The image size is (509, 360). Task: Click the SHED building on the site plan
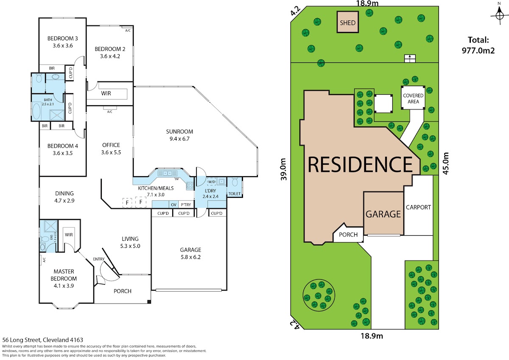click(x=348, y=22)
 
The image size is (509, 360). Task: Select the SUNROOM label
click(x=179, y=132)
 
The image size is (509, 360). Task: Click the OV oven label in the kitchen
click(x=173, y=205)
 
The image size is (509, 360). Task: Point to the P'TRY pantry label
click(x=186, y=205)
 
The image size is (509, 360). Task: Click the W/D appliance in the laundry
click(x=212, y=182)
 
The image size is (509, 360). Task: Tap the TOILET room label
click(x=234, y=194)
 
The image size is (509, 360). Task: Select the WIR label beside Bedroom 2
click(x=106, y=93)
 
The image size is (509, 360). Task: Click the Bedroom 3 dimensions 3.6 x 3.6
click(x=63, y=45)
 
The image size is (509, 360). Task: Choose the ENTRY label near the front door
click(x=98, y=259)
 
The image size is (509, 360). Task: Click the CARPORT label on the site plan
click(x=418, y=207)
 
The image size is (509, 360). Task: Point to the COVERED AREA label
click(x=413, y=98)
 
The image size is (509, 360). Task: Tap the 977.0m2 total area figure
click(x=478, y=50)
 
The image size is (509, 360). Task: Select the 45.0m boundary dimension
click(x=446, y=163)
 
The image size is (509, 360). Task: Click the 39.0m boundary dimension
click(x=283, y=169)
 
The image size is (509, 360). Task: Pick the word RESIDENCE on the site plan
click(x=360, y=164)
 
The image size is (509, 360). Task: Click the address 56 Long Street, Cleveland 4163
click(x=43, y=340)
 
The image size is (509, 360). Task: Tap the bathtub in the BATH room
click(x=36, y=111)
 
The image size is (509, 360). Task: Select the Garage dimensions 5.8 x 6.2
click(x=190, y=257)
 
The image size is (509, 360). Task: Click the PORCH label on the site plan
click(x=348, y=234)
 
